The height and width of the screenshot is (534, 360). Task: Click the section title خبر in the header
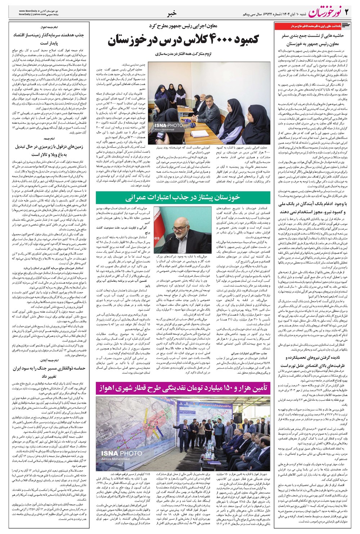click(x=172, y=14)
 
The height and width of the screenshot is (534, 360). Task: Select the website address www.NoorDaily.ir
click(x=30, y=11)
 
